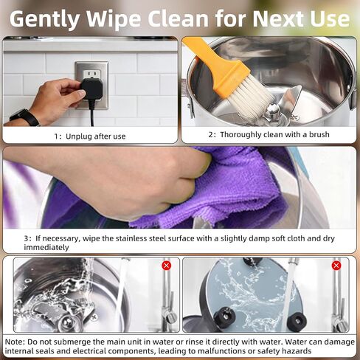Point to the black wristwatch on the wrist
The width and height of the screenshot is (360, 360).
tap(24, 117)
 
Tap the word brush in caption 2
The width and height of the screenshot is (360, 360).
tap(319, 134)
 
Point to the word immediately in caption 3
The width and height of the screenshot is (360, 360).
tap(46, 247)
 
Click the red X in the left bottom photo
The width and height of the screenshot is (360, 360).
tap(167, 266)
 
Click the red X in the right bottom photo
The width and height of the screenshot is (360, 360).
tap(336, 266)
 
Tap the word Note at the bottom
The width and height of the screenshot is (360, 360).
tap(14, 342)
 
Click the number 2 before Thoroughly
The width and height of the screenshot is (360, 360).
tap(211, 135)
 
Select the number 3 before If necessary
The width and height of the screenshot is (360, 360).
tap(26, 238)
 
